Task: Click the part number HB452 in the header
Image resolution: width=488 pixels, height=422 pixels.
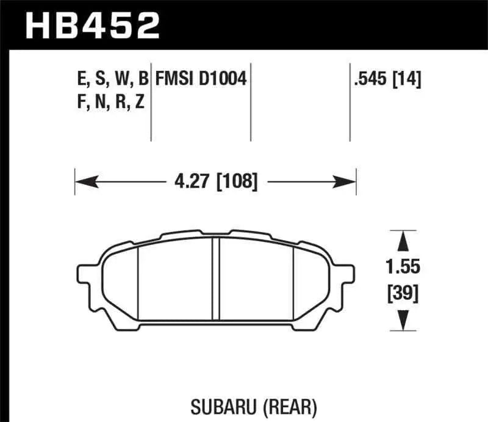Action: (91, 26)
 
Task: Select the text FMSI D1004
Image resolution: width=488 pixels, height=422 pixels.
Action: (201, 79)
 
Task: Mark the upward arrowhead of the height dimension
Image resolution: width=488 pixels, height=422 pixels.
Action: (402, 241)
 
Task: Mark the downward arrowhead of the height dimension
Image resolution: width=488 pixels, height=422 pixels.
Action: (402, 321)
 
